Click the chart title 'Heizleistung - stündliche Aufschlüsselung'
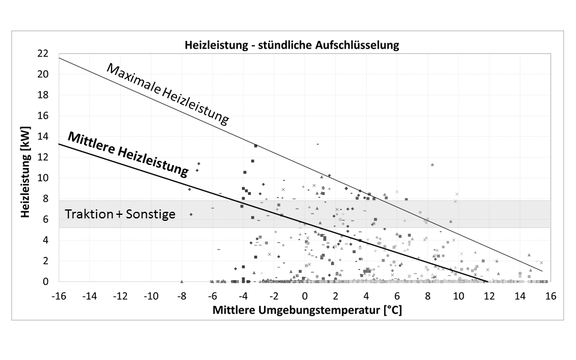click(291, 45)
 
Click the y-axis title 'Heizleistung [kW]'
click(26, 172)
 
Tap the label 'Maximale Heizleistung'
click(167, 94)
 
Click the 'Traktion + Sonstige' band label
click(120, 214)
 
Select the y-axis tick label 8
click(46, 199)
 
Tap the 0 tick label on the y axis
click(46, 281)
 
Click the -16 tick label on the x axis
click(58, 296)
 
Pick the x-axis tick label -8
click(181, 296)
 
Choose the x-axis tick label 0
click(305, 296)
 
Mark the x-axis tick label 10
click(458, 296)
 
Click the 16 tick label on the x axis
click(551, 296)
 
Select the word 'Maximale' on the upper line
click(133, 79)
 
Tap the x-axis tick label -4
click(243, 296)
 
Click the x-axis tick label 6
click(397, 296)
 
